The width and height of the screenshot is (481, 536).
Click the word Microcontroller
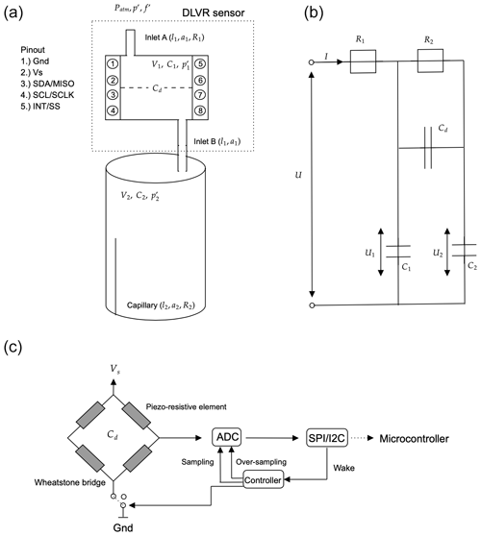[414, 439]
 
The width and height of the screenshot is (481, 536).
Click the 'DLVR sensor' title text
[214, 13]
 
